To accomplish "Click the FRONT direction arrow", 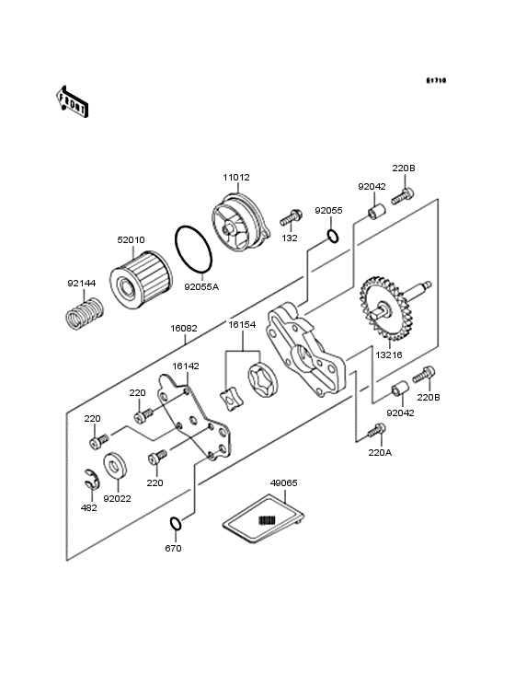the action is click(x=72, y=101).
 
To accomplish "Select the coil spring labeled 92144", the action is click(x=86, y=314).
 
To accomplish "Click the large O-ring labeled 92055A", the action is click(x=193, y=250).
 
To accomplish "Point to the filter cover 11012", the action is click(x=241, y=227).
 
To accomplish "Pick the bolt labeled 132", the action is click(x=291, y=218).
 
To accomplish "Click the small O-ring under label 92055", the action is click(x=333, y=236).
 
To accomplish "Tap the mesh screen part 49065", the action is click(x=264, y=519).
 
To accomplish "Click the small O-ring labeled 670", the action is click(x=176, y=524).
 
